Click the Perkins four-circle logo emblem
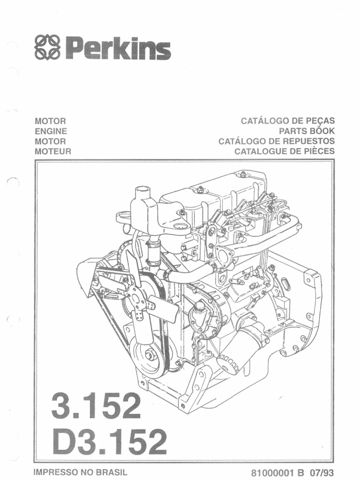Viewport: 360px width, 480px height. point(48,48)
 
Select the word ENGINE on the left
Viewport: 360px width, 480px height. point(51,131)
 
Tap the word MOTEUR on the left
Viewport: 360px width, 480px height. point(53,151)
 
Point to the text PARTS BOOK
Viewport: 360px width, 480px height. point(307,131)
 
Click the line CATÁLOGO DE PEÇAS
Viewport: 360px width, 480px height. point(288,121)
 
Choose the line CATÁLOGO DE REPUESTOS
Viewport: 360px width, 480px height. point(277,141)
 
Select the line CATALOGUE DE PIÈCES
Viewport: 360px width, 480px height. point(285,151)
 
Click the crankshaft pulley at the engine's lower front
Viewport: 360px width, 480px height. point(150,356)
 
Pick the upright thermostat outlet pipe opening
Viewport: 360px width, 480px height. point(141,193)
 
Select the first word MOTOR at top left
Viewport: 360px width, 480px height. point(51,121)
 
